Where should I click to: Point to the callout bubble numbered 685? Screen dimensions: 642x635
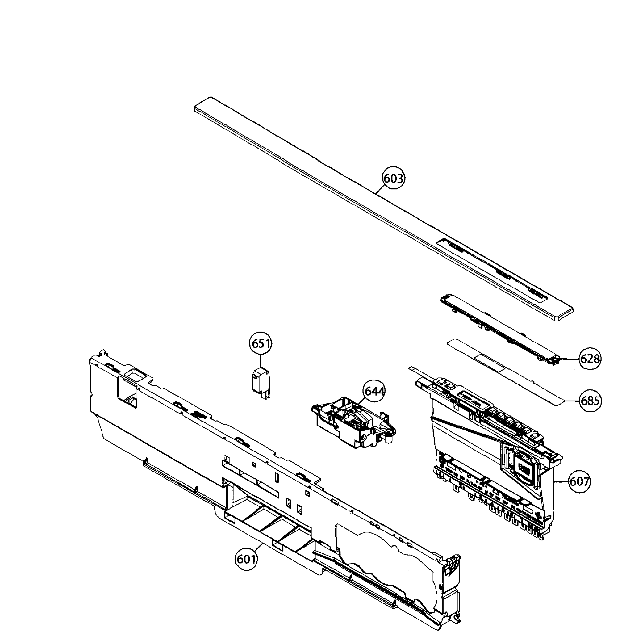tap(590, 401)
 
